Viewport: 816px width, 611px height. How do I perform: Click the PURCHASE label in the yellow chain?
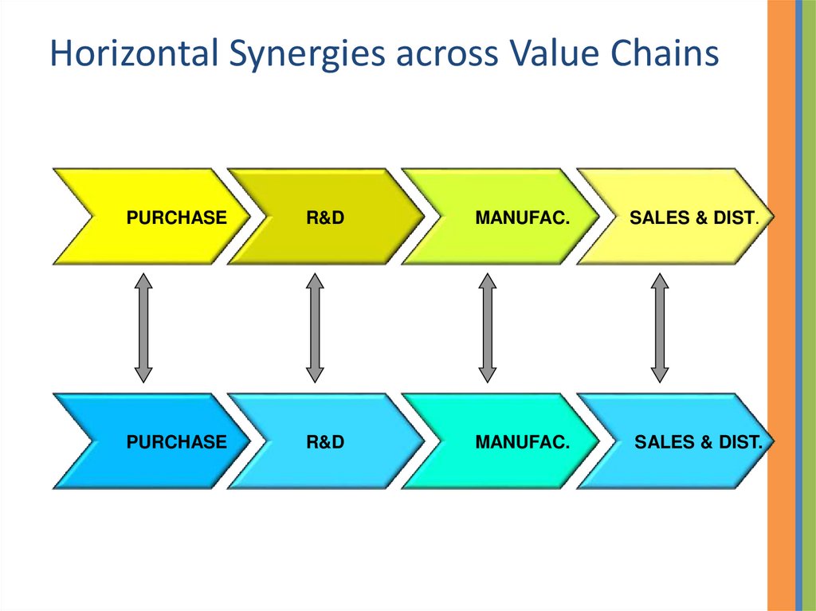(x=176, y=217)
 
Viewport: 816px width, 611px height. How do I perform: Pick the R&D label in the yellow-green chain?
(x=325, y=217)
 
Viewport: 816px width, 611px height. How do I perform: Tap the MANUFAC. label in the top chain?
(x=522, y=217)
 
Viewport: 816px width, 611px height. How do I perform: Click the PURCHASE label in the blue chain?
(x=176, y=441)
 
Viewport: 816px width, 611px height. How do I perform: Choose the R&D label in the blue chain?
(x=325, y=441)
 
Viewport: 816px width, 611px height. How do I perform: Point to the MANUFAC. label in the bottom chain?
(x=522, y=441)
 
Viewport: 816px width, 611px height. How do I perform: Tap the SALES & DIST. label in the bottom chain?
(x=699, y=441)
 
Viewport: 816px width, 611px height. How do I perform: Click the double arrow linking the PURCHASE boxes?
(x=143, y=327)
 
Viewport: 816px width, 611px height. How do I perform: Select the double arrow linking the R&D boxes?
(x=315, y=327)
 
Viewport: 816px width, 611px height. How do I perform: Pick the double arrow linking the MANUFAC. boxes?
(x=487, y=327)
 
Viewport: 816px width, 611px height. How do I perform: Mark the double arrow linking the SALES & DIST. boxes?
(x=659, y=327)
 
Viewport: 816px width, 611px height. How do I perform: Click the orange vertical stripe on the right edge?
(x=781, y=319)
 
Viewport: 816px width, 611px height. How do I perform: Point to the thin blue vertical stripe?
(x=798, y=319)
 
